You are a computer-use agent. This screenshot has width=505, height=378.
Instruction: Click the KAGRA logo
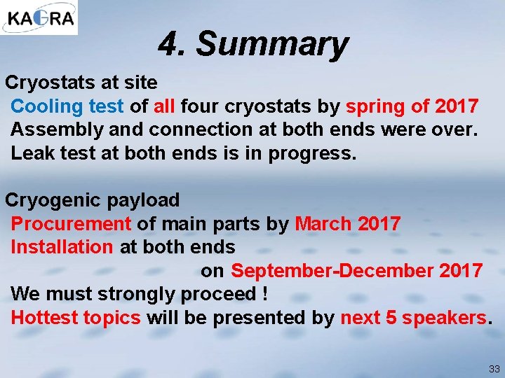coord(39,17)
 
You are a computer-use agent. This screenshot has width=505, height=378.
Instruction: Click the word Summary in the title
coord(271,44)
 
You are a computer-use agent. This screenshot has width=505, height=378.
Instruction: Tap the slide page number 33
coord(494,368)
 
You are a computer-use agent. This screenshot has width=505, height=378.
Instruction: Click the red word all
coord(163,106)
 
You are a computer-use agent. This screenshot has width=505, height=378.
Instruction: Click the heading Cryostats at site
coord(81,83)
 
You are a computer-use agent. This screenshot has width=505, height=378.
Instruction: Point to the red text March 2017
coord(348,224)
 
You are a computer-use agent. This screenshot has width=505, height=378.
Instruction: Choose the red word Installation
coord(62,247)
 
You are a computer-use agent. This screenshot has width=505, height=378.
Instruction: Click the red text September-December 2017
coord(356,270)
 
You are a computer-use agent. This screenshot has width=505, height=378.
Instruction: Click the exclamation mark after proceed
coord(264,293)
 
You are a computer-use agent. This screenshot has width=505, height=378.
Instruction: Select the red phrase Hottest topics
coord(76,317)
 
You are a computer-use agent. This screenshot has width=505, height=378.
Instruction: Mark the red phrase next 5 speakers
coord(413,317)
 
